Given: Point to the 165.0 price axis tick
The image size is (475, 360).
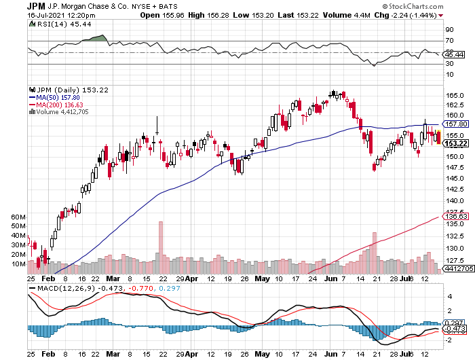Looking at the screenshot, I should (454, 95).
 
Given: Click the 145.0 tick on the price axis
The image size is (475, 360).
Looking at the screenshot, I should (454, 179).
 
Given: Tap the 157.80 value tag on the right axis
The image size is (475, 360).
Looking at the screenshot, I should (454, 124).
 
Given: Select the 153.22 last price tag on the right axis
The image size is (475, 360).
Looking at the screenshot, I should (454, 143).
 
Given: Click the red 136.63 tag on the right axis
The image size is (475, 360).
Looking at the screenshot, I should (454, 217).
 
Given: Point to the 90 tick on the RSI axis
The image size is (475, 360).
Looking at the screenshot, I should (449, 30).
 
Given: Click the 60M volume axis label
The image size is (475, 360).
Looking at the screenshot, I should (18, 217).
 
